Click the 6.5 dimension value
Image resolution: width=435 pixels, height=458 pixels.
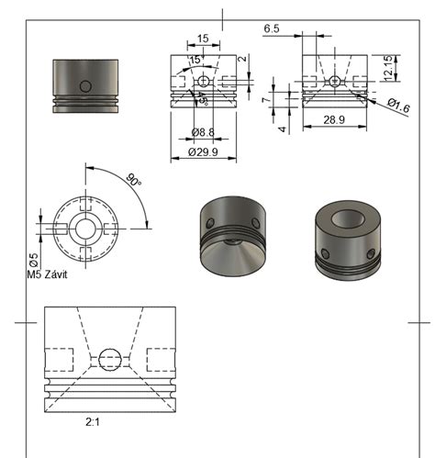[272, 29]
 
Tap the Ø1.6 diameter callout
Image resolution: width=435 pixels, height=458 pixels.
[397, 106]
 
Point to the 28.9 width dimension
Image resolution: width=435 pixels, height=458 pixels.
[334, 120]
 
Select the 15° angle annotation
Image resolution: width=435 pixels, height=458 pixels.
[194, 61]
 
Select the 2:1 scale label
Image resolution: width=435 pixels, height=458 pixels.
[94, 424]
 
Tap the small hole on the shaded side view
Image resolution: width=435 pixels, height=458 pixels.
[85, 85]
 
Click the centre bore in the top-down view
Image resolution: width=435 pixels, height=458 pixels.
[85, 226]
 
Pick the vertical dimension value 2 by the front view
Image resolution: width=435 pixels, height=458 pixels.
[241, 61]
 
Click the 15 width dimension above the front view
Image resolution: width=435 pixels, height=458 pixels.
[203, 39]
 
